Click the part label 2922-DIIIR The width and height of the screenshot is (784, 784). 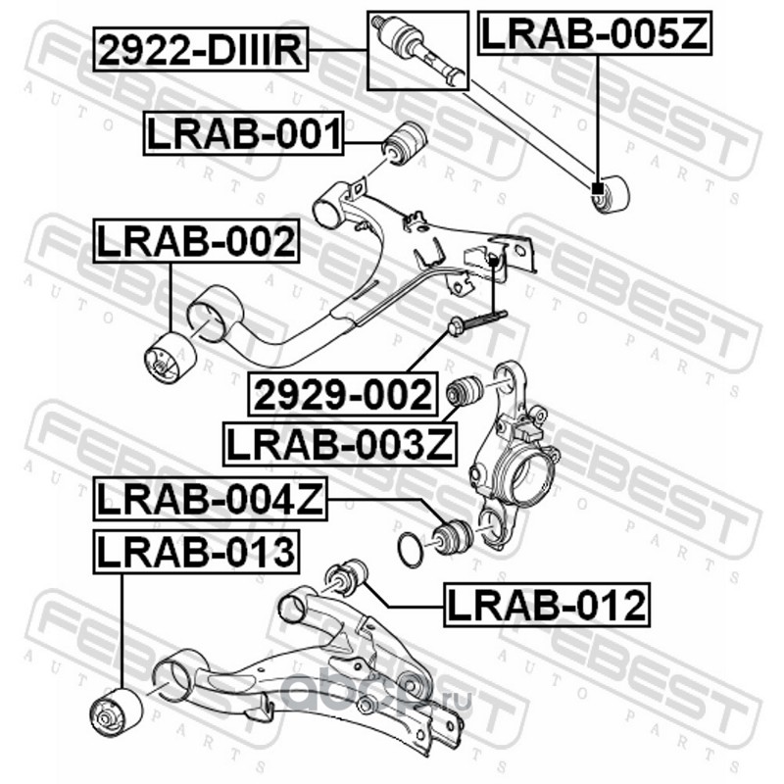point(201,48)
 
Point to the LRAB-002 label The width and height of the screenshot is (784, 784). point(195,241)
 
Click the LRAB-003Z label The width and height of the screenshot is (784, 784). point(339,443)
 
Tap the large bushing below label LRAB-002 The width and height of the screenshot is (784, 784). point(168,357)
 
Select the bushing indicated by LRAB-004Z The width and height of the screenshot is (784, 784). point(453,535)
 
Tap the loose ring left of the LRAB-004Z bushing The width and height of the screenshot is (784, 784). point(412,549)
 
